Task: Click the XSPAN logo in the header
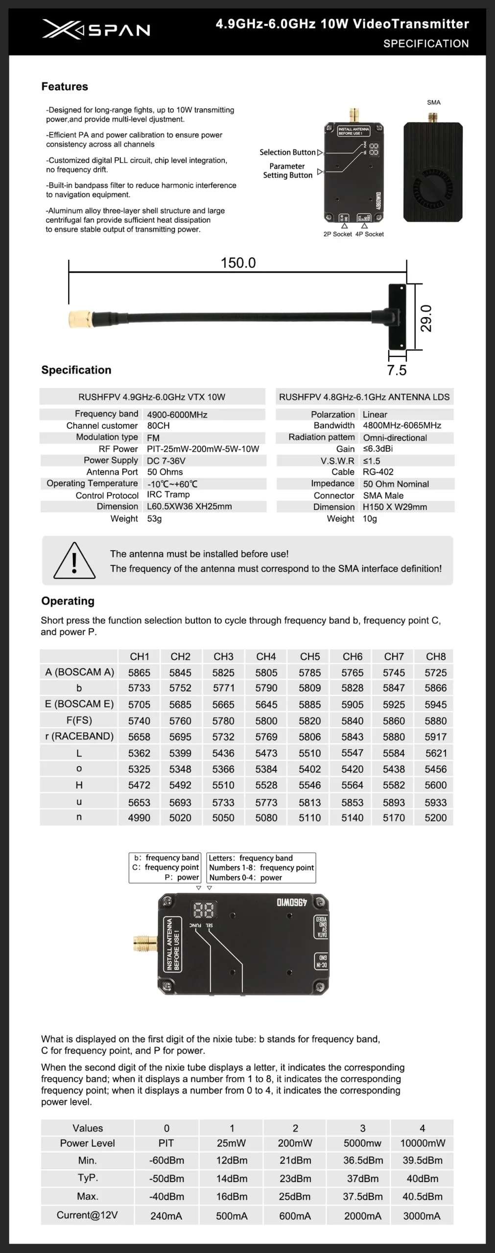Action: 96,29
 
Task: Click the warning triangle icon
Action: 74,561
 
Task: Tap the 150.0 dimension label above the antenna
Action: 238,263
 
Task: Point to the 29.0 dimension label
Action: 426,318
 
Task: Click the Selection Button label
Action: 287,152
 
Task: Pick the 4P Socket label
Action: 370,234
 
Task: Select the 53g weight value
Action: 154,518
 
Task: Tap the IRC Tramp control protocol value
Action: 168,495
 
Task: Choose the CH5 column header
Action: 310,656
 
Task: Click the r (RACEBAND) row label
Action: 79,736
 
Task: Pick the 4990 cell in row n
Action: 139,817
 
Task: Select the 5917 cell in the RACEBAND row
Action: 436,737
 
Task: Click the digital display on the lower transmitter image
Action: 203,909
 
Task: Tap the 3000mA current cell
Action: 422,1216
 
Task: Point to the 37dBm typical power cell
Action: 362,1179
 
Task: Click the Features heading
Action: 65,87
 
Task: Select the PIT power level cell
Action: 166,1143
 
